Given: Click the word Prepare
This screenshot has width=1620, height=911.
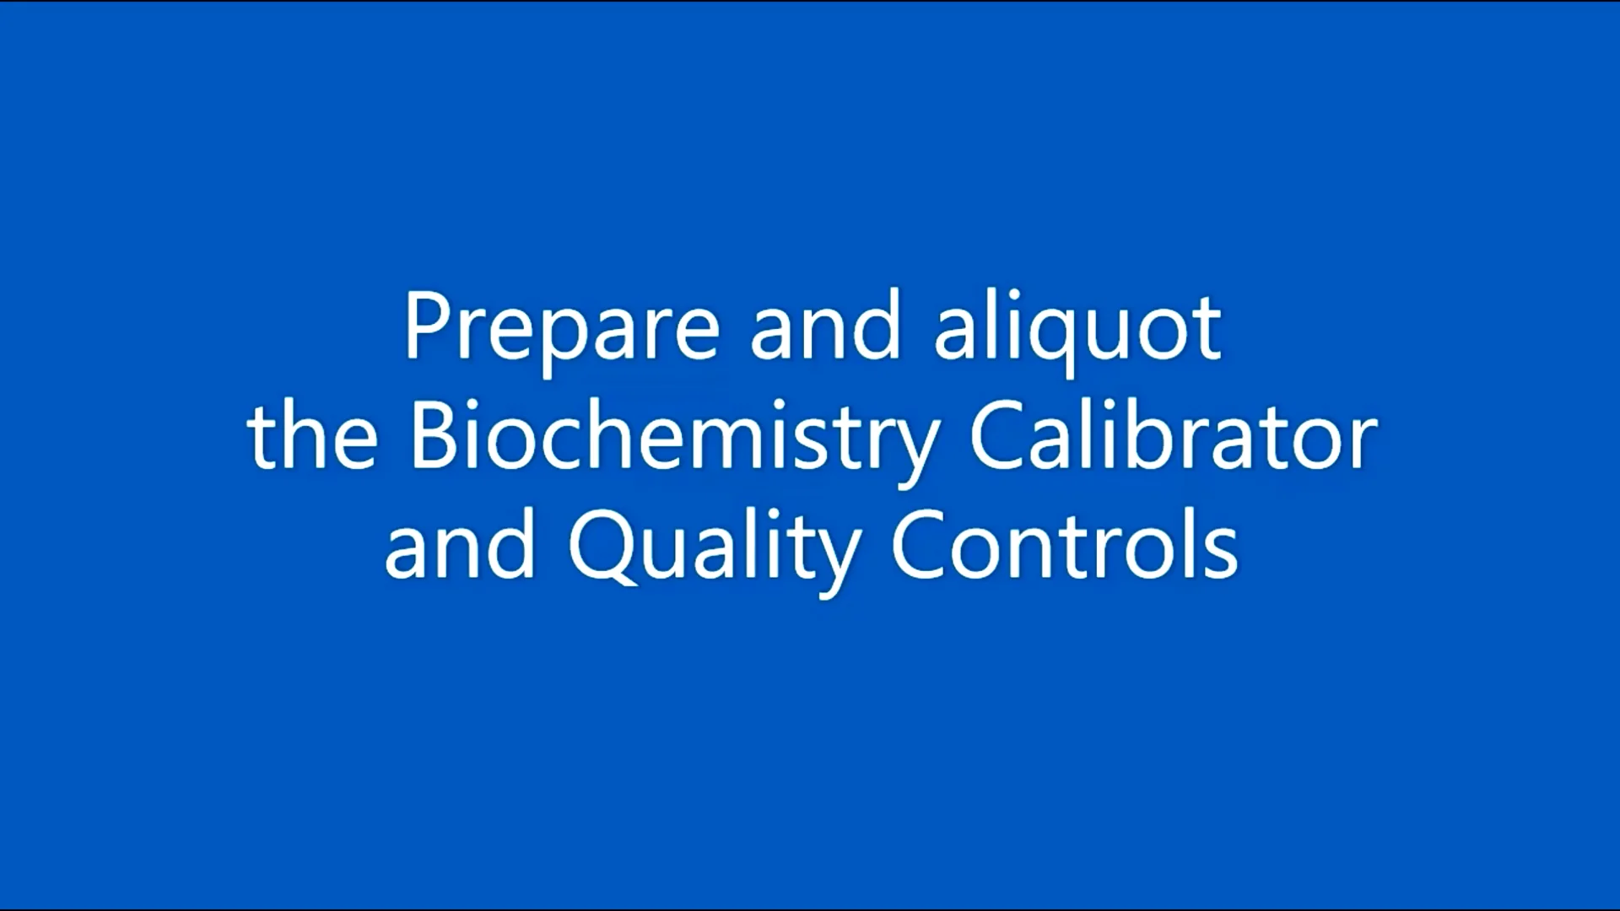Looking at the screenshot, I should [x=561, y=329].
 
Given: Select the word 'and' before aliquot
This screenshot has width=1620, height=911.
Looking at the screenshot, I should [x=825, y=329].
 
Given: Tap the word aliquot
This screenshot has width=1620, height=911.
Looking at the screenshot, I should [x=1077, y=329].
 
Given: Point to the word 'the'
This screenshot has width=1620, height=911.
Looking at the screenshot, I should [x=312, y=439].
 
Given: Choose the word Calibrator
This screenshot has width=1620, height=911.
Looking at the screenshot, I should [x=1173, y=439].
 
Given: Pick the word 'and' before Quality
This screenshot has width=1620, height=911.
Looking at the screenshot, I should [x=460, y=548].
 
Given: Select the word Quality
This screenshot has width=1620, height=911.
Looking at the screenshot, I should [x=714, y=548].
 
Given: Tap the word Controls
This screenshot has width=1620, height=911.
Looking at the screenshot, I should [x=1064, y=548].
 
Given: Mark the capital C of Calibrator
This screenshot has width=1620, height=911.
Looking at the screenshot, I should [x=996, y=437].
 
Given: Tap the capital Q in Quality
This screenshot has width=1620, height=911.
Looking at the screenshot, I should [x=601, y=548].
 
